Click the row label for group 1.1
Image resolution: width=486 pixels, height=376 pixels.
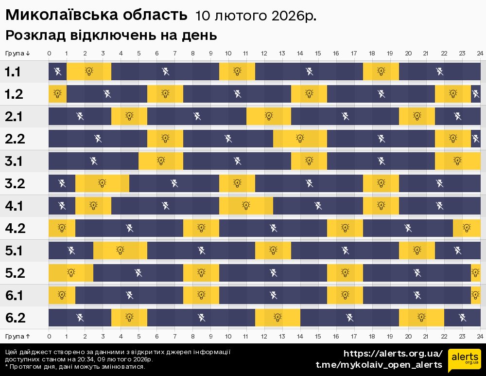pyautogui.click(x=13, y=72)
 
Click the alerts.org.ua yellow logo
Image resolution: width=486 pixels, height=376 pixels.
pyautogui.click(x=464, y=360)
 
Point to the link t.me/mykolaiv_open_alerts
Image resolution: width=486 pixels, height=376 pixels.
pyautogui.click(x=379, y=365)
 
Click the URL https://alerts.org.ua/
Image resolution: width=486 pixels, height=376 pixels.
pyautogui.click(x=393, y=353)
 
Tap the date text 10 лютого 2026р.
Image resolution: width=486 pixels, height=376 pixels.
pyautogui.click(x=256, y=16)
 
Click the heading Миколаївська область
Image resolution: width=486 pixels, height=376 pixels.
pyautogui.click(x=96, y=15)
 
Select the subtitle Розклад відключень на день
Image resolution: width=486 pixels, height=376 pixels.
pyautogui.click(x=111, y=36)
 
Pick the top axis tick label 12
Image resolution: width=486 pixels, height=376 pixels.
pyautogui.click(x=264, y=54)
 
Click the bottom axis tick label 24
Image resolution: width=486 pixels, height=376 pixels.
pyautogui.click(x=480, y=336)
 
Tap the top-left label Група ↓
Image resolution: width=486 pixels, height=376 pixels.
pyautogui.click(x=18, y=54)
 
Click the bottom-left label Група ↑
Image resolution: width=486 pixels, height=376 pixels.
pyautogui.click(x=18, y=336)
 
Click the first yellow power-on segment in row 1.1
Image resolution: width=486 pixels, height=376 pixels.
pyautogui.click(x=89, y=72)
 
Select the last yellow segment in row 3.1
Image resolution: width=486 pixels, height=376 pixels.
pyautogui.click(x=457, y=161)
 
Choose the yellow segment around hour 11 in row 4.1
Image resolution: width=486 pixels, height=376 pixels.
pyautogui.click(x=246, y=206)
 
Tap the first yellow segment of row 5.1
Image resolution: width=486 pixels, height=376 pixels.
pyautogui.click(x=121, y=251)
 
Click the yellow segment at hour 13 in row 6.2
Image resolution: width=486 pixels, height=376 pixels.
pyautogui.click(x=278, y=318)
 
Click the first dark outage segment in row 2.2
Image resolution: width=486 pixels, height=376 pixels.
pyautogui.click(x=98, y=139)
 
